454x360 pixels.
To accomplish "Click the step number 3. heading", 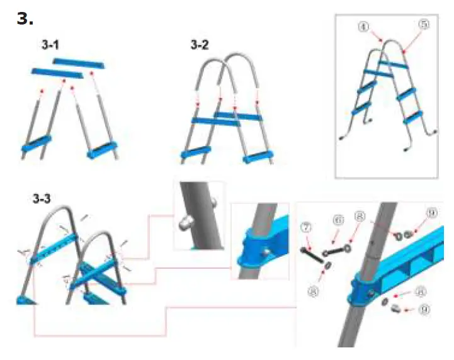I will (25, 18).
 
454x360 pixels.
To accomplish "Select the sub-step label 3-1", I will (54, 46).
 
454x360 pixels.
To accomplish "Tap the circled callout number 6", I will (339, 220).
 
